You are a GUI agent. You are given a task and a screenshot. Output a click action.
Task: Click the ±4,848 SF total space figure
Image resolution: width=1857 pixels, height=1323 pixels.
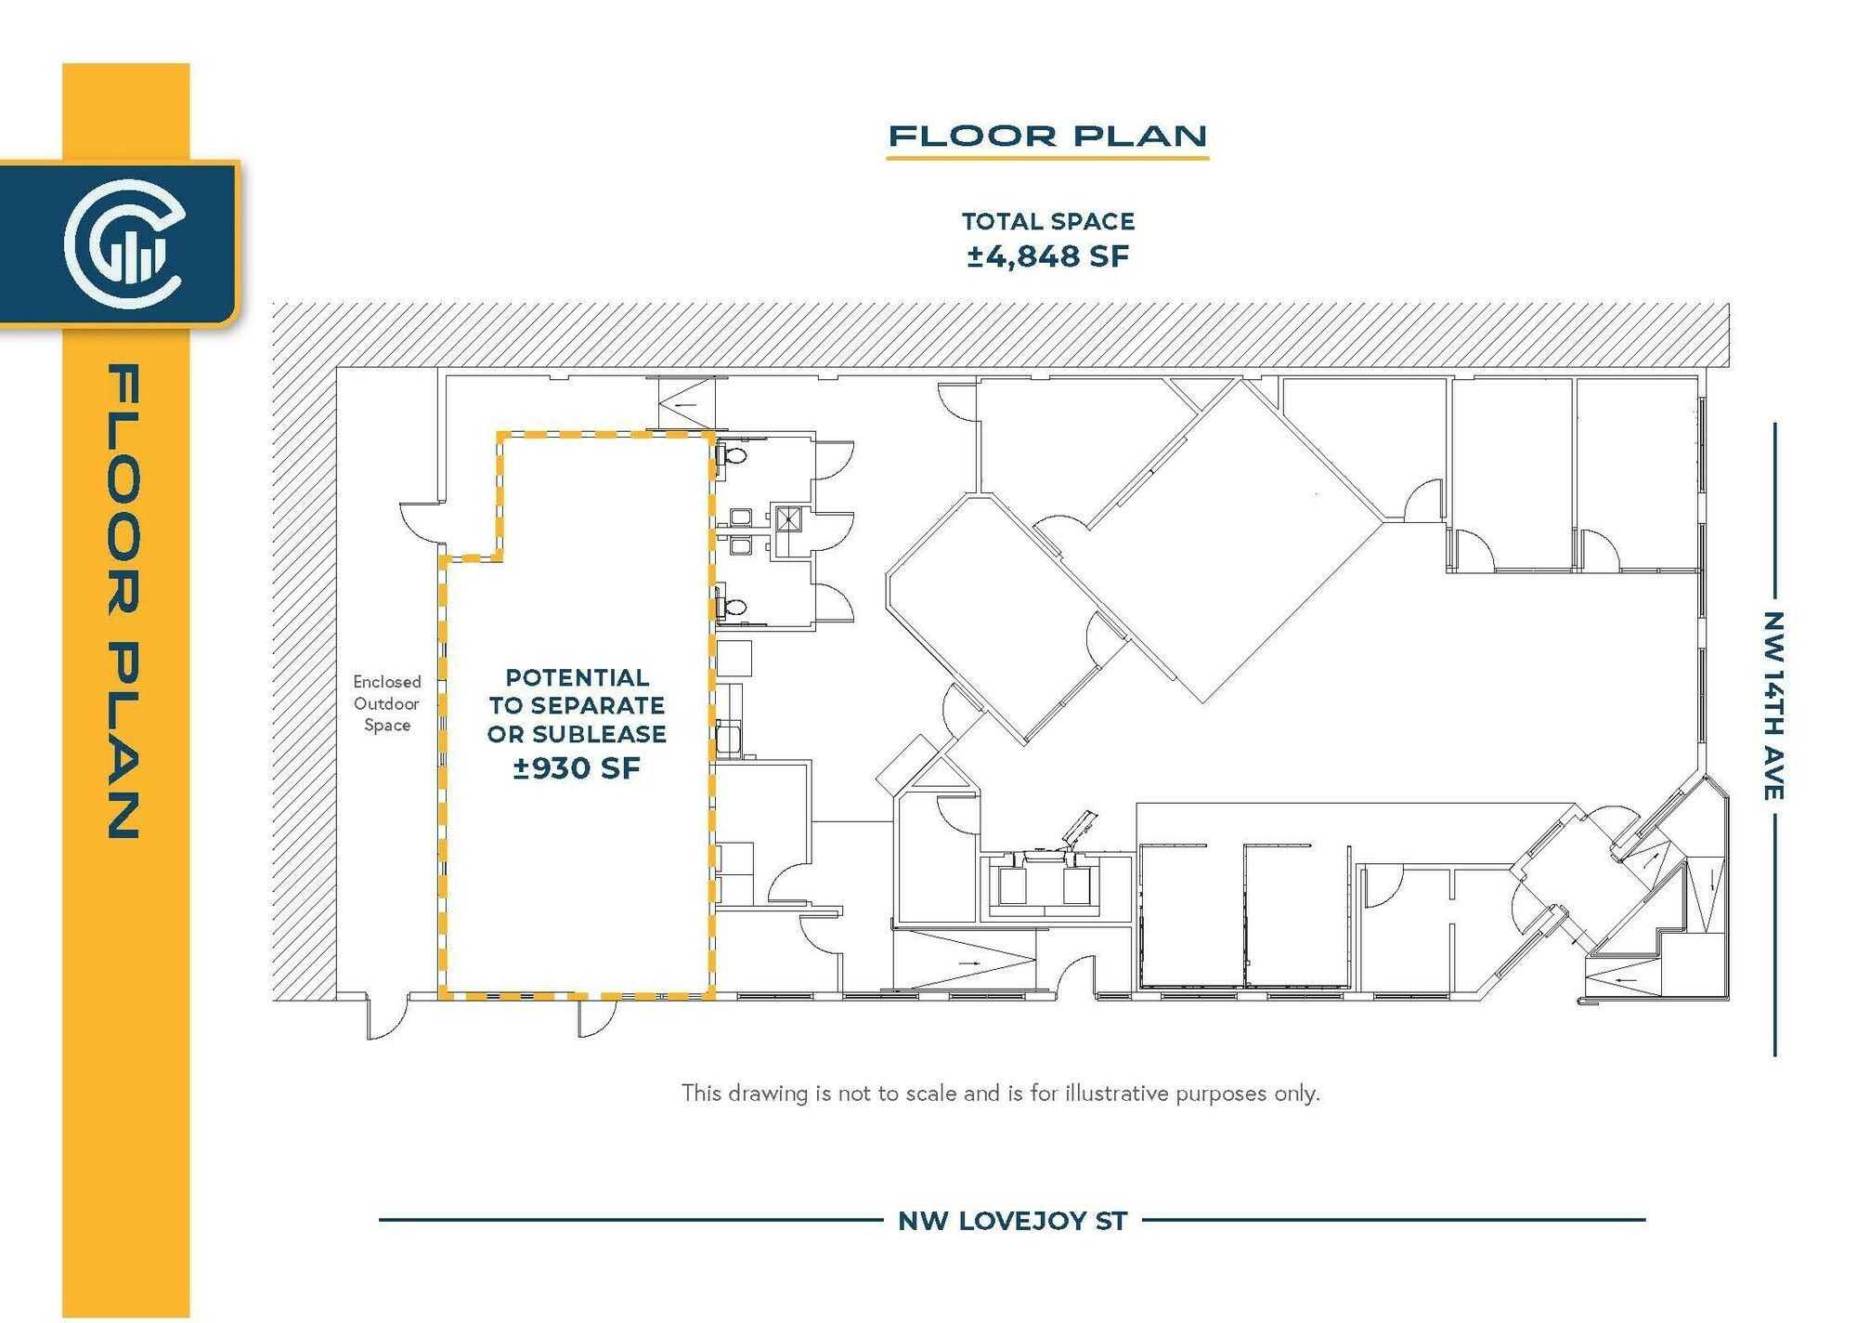(x=1047, y=256)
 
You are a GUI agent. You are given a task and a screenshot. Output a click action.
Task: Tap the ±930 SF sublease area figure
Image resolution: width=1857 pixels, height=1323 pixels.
(x=577, y=768)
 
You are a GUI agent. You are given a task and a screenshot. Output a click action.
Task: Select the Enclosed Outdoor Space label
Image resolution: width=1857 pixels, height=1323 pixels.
(x=386, y=703)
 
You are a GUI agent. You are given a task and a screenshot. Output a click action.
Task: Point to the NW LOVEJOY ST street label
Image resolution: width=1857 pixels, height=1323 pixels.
(x=1012, y=1221)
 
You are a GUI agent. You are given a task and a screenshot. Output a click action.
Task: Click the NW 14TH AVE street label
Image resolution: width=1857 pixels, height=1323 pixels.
(x=1773, y=705)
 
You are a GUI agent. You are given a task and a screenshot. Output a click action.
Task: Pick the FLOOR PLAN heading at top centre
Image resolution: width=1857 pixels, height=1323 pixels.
(x=1047, y=137)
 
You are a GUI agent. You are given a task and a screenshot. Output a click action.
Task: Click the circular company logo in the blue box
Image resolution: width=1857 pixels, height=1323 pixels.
(x=125, y=243)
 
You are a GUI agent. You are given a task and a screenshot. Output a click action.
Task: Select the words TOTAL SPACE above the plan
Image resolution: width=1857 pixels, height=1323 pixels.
(x=1048, y=221)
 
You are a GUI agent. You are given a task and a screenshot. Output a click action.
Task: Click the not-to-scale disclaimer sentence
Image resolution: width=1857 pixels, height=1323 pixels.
(x=1000, y=1094)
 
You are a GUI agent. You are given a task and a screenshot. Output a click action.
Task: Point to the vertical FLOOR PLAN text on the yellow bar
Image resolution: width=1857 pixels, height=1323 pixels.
(x=124, y=601)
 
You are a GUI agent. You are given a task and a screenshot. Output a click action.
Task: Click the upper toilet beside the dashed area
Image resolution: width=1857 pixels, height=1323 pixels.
(x=733, y=455)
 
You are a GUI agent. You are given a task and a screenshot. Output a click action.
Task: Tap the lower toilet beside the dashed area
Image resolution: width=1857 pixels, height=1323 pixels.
(x=733, y=608)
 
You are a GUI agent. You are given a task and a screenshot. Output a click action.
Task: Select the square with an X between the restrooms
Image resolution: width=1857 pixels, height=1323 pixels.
(x=787, y=518)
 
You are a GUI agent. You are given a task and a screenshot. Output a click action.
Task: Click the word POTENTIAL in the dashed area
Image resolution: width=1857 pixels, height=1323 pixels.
(x=577, y=677)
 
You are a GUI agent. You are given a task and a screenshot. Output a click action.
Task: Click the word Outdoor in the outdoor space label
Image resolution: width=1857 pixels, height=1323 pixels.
(x=386, y=703)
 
